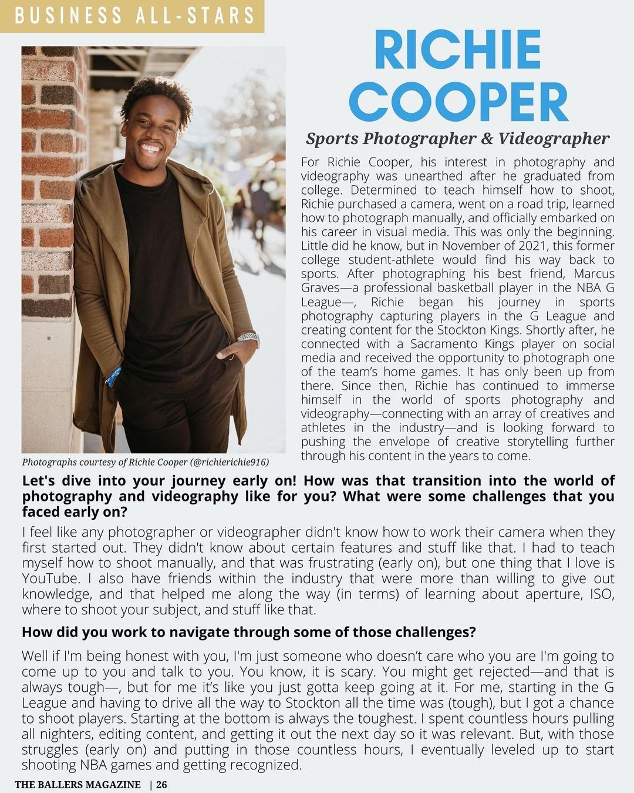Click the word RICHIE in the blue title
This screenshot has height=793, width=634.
(x=457, y=51)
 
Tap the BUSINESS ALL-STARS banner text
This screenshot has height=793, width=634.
(x=134, y=16)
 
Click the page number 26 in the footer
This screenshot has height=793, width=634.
(x=161, y=784)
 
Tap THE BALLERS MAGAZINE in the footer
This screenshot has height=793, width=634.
(x=77, y=784)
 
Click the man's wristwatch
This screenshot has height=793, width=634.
(x=248, y=338)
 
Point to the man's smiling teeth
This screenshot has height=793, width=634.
(x=151, y=148)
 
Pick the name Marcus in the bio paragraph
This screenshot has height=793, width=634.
(x=594, y=274)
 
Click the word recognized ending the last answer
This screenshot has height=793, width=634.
(x=265, y=765)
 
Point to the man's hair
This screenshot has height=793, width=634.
(x=158, y=96)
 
